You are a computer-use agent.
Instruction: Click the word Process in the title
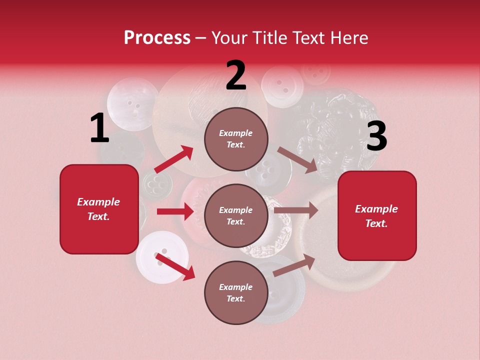point(157,38)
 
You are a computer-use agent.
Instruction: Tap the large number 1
point(99,128)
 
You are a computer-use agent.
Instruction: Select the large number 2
point(236,75)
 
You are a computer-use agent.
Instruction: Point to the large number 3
point(376,135)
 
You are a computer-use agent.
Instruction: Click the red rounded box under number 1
point(99,209)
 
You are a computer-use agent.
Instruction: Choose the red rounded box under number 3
point(377,216)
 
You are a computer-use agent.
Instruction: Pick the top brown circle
point(236,139)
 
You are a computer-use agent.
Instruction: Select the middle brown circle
point(236,216)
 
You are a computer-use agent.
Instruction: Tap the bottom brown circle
point(236,293)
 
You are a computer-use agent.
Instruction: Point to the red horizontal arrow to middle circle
point(175,211)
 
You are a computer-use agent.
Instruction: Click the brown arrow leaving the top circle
point(297,159)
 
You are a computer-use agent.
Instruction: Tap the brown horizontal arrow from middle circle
point(296,210)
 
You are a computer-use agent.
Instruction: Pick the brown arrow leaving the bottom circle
point(294,265)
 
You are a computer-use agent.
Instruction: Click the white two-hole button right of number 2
point(282,86)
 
